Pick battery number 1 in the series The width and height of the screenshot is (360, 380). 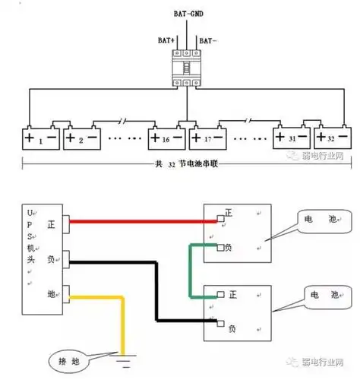[39, 138]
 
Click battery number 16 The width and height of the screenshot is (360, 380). [166, 138]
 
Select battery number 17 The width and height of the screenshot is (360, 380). [210, 138]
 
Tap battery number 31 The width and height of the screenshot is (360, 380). [292, 138]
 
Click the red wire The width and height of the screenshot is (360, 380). [144, 221]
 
